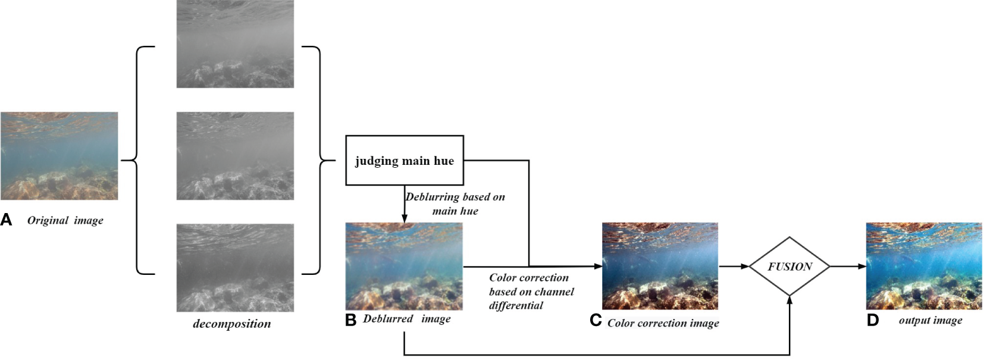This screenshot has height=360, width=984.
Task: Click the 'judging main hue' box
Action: click(405, 161)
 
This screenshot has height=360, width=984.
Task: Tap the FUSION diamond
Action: click(789, 267)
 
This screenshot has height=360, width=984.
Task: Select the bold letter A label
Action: click(7, 220)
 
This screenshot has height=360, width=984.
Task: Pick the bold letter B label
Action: click(351, 320)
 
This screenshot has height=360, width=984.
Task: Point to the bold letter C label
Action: click(596, 321)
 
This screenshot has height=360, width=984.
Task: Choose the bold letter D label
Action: click(872, 321)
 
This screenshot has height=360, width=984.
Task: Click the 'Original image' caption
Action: click(65, 221)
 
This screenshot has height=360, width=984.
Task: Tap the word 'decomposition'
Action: click(232, 324)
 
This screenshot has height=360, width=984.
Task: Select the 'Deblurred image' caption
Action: click(407, 320)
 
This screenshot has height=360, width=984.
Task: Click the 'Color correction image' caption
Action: click(663, 324)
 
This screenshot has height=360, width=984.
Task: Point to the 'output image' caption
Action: click(930, 321)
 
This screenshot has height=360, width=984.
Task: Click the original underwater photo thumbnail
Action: click(59, 156)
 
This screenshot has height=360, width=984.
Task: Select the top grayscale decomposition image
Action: click(235, 44)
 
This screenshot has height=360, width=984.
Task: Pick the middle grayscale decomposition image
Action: click(235, 156)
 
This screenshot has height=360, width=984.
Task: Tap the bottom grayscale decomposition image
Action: click(235, 267)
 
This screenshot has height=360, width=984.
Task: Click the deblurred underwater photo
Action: click(404, 266)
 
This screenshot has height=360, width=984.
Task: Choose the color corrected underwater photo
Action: click(660, 266)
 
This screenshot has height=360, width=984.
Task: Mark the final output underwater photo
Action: click(923, 266)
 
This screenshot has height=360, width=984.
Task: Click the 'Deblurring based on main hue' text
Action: click(455, 204)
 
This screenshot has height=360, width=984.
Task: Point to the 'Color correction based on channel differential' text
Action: click(531, 292)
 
